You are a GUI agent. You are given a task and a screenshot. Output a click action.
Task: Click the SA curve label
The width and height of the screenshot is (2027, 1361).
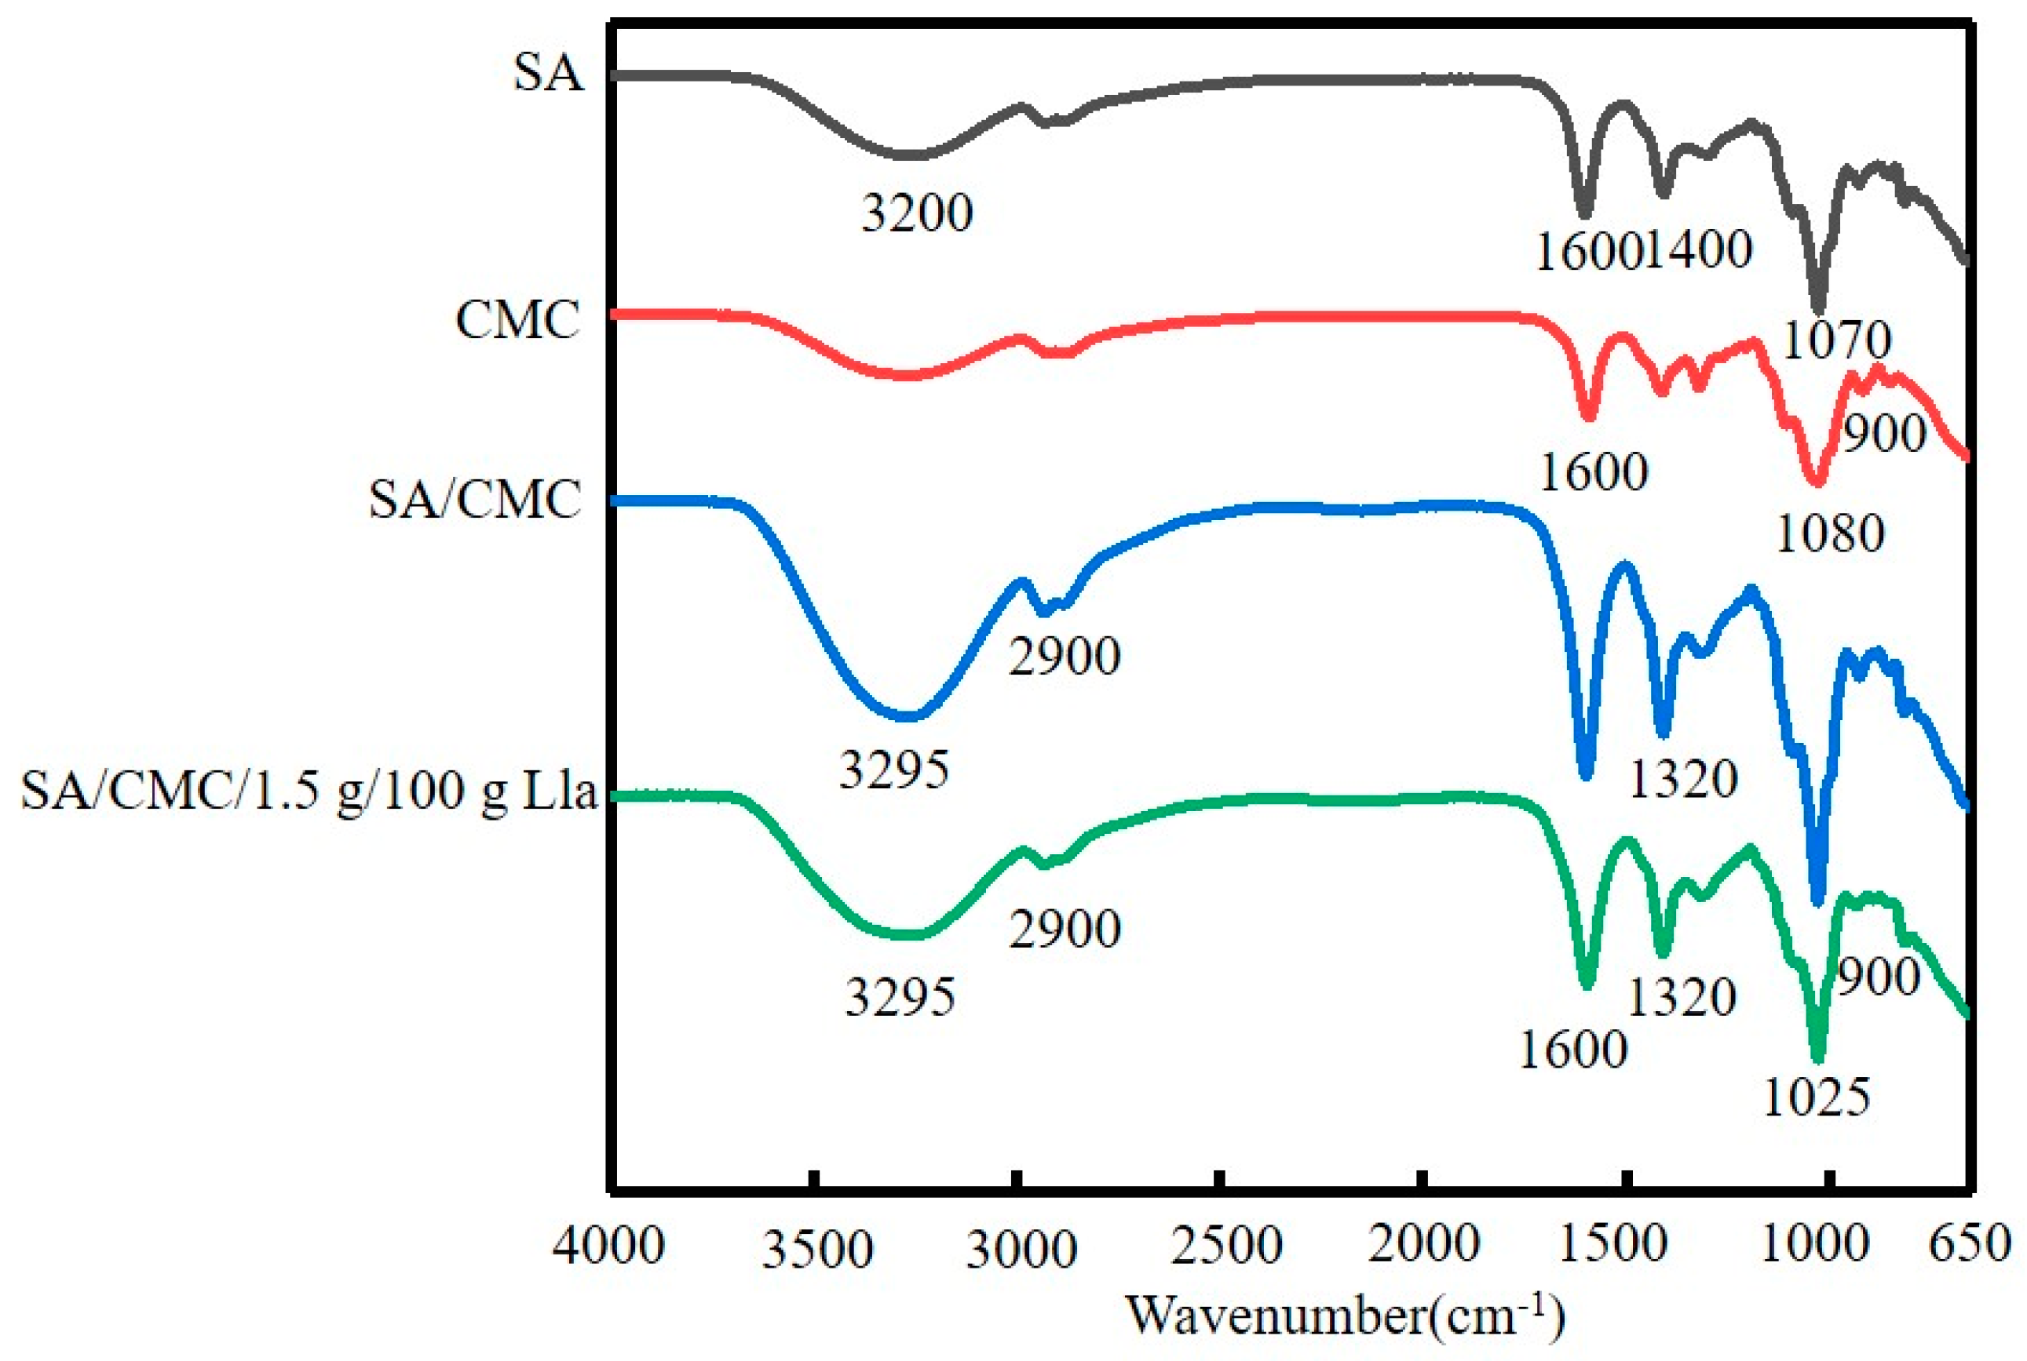(547, 73)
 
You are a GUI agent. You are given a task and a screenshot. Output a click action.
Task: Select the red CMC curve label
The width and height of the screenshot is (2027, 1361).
(517, 320)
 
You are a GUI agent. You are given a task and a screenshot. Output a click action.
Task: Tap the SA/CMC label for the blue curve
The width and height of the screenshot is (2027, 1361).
(474, 500)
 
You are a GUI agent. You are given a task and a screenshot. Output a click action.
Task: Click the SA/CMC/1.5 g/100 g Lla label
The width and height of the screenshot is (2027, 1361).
(309, 791)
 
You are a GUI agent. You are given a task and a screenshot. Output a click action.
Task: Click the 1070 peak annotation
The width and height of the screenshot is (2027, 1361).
(1835, 340)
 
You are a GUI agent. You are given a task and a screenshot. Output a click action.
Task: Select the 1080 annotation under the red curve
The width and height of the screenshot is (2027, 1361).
(1830, 533)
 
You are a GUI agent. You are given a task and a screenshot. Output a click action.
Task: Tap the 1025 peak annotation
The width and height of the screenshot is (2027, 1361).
(1816, 1097)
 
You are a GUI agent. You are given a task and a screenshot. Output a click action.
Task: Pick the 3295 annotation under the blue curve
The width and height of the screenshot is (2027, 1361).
(893, 769)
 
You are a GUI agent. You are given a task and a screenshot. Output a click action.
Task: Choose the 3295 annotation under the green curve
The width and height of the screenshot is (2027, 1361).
(900, 995)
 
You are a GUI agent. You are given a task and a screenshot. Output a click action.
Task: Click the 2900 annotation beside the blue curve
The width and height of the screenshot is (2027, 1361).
(1065, 657)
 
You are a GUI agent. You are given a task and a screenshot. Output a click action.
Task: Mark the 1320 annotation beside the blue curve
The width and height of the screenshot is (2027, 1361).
(1682, 779)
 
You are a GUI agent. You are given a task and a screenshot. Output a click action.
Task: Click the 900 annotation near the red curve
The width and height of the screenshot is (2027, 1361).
(1883, 432)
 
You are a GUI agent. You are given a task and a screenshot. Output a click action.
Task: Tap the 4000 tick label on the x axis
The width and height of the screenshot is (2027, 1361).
(608, 1245)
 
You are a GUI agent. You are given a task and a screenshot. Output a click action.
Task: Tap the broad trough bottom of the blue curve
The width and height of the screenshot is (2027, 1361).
(908, 717)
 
